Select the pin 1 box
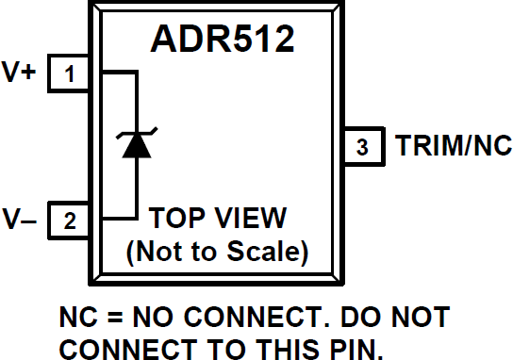pos(69,74)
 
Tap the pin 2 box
pos(69,222)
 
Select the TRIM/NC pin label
pos(453,147)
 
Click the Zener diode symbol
pos(137,144)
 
